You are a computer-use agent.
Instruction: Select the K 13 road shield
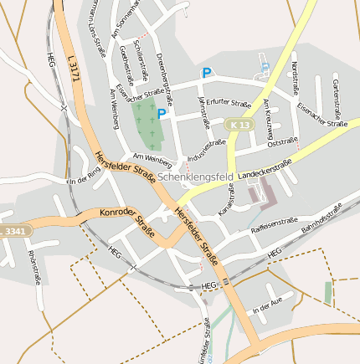pos(239,125)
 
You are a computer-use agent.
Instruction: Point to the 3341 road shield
pos(15,230)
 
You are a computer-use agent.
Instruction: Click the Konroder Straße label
pos(126,223)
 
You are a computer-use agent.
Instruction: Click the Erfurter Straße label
pos(228,104)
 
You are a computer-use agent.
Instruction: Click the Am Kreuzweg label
pos(268,119)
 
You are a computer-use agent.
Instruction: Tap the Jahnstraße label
pos(203,115)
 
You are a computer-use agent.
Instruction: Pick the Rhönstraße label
pos(34,267)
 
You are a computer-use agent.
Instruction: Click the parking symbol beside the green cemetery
pos(162,114)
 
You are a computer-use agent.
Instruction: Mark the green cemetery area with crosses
pos(148,124)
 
